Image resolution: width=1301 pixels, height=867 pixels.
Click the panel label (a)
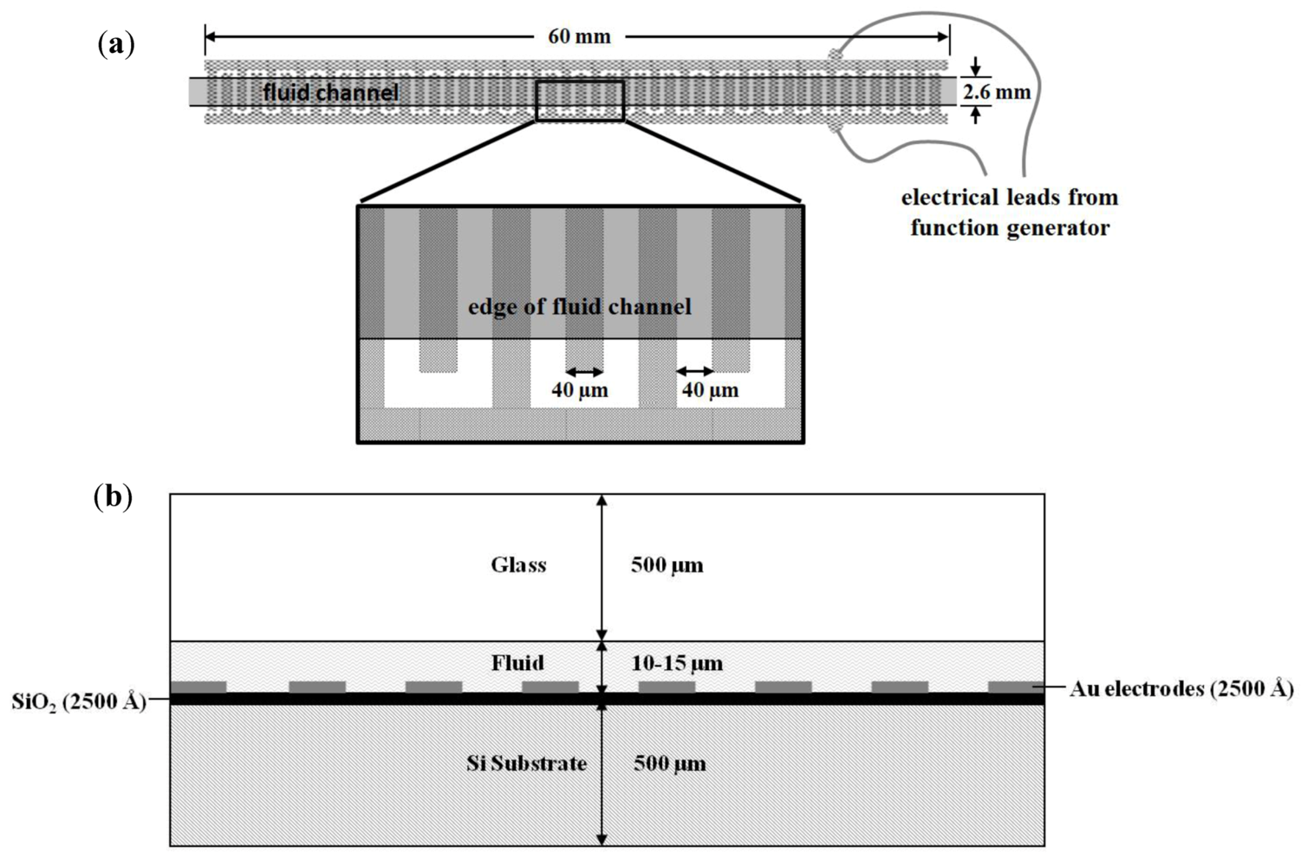pos(116,43)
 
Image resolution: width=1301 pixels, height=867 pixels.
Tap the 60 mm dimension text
pos(579,36)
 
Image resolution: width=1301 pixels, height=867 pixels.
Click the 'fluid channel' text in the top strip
pos(330,92)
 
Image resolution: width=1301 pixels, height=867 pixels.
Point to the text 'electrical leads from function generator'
pos(1010,212)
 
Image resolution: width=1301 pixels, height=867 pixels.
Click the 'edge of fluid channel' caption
pos(579,306)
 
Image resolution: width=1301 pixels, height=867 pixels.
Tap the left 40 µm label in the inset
pos(580,390)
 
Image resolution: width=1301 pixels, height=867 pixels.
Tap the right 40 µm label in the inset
pos(710,390)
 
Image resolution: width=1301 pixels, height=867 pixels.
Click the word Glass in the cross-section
pos(518,565)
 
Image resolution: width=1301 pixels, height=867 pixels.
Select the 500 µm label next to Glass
pos(667,565)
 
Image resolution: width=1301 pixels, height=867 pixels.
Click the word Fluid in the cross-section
pos(518,663)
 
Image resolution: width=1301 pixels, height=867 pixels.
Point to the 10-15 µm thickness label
pos(677,664)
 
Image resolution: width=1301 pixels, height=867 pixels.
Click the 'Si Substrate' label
pos(526,763)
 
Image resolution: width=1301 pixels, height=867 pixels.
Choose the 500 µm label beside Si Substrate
pos(669,764)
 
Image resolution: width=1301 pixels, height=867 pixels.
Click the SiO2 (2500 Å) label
pos(79,701)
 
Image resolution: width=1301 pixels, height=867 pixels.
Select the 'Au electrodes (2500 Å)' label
pos(1181,689)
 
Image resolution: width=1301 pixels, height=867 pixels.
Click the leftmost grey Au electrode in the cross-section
pos(198,688)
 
